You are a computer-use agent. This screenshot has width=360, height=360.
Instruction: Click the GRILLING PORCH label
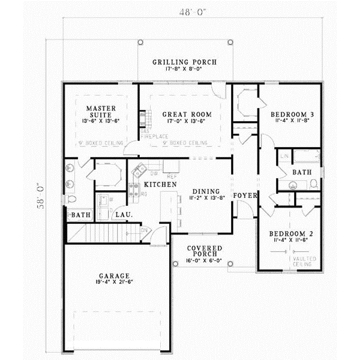click(x=184, y=62)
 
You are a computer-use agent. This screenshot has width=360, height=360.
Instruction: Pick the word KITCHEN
click(x=160, y=185)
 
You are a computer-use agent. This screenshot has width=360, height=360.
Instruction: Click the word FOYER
click(x=245, y=196)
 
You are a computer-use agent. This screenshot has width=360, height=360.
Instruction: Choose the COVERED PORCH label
click(x=204, y=251)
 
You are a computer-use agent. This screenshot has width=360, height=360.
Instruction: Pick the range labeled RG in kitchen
click(x=134, y=191)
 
